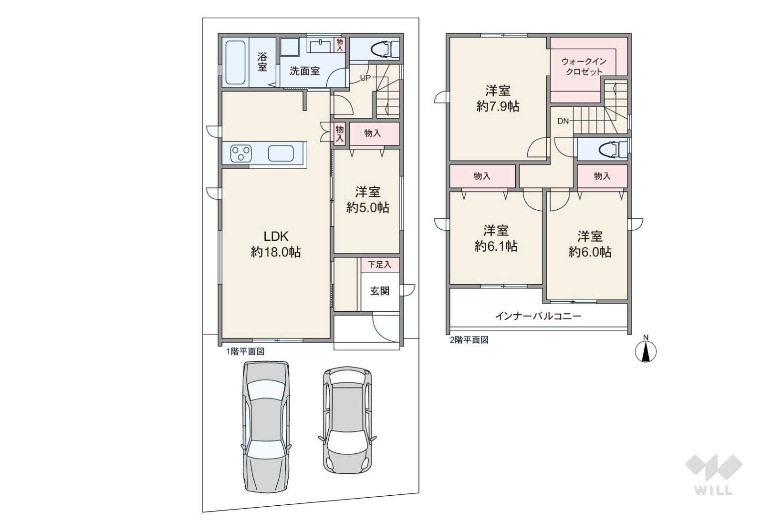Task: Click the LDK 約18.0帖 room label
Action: point(276,244)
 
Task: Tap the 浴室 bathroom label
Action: point(262,61)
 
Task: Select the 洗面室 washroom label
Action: point(305,71)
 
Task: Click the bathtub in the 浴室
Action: point(235,63)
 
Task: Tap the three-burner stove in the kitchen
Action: point(241,153)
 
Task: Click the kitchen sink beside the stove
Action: point(281,153)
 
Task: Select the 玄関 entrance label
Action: point(380,291)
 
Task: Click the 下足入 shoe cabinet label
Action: point(379,265)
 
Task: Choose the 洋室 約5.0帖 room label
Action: point(367,200)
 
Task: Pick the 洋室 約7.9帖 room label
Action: point(498,98)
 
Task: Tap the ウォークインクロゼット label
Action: point(584,67)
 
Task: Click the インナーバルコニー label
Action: point(538,317)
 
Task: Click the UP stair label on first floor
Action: point(365,78)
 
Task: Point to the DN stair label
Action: point(563,122)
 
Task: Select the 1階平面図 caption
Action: point(245,351)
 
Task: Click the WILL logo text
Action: point(714,490)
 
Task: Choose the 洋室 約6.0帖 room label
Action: point(590,244)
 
